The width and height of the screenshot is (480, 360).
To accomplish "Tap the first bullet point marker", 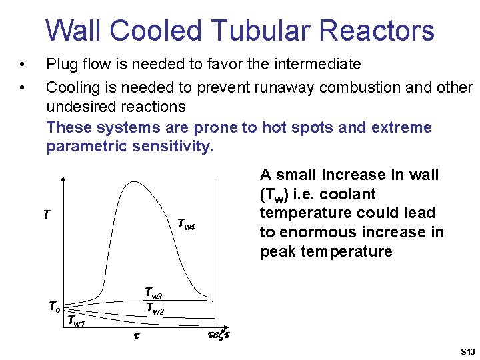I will click(x=23, y=65).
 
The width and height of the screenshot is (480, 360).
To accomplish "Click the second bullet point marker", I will click(x=23, y=88).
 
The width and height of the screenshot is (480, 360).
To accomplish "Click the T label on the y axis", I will click(x=45, y=215).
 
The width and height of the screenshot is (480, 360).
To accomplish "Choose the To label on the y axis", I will click(x=54, y=307).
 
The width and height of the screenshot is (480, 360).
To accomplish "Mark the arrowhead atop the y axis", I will click(x=63, y=179).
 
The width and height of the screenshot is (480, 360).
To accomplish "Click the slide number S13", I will click(x=466, y=351).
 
